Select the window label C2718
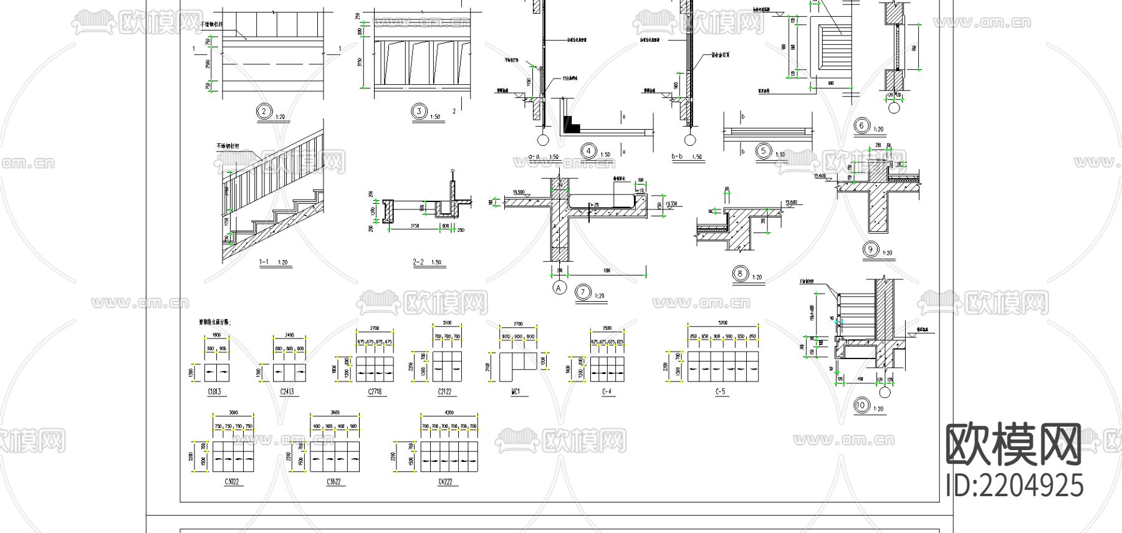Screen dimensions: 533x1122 click(x=375, y=392)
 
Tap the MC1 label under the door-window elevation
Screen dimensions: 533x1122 click(x=515, y=392)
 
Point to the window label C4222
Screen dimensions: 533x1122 click(x=445, y=483)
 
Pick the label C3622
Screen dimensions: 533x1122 click(x=333, y=483)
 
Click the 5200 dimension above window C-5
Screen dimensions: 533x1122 click(x=722, y=323)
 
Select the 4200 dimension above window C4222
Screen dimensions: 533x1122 click(x=449, y=412)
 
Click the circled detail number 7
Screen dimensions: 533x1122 click(x=583, y=291)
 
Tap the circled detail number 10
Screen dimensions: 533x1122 click(x=861, y=405)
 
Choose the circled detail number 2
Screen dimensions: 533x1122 click(x=264, y=112)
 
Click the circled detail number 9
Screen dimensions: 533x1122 click(x=870, y=249)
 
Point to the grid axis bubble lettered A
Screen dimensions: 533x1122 click(x=559, y=287)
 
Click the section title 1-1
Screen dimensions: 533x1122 click(x=264, y=262)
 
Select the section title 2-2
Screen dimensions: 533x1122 click(x=418, y=262)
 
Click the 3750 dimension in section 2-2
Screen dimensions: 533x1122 click(x=414, y=226)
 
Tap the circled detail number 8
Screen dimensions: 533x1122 click(x=740, y=273)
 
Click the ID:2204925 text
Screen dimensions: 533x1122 click(x=1015, y=486)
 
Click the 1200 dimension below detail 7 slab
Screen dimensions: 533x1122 click(x=607, y=271)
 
